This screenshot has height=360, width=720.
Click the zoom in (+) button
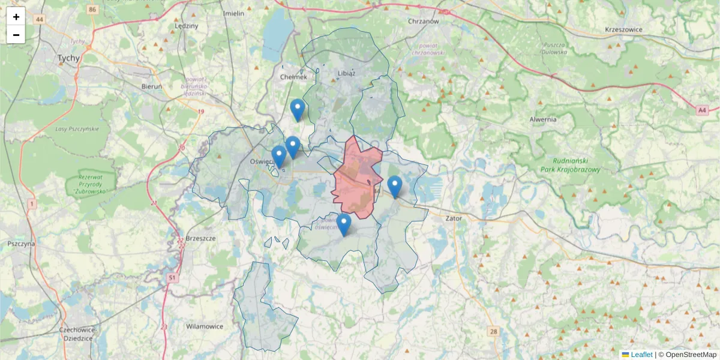[x=16, y=17]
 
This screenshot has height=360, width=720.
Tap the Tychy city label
[x=68, y=58]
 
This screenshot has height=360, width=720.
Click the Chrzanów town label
[x=424, y=21]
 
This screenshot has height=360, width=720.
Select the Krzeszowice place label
[x=623, y=29]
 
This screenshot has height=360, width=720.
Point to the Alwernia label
[x=543, y=119]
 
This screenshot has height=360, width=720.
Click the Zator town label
[x=454, y=218]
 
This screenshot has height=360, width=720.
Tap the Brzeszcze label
[x=201, y=238]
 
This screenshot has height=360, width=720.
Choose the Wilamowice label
[x=205, y=327]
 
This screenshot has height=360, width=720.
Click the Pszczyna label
[x=22, y=244]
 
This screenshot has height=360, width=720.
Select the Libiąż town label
[x=347, y=73]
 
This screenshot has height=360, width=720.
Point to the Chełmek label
[x=293, y=77]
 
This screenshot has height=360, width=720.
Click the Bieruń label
[x=152, y=86]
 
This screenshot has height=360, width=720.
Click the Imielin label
[x=233, y=13]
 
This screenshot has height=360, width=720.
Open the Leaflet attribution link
[x=641, y=355]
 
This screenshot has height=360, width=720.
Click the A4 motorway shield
[x=703, y=110]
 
